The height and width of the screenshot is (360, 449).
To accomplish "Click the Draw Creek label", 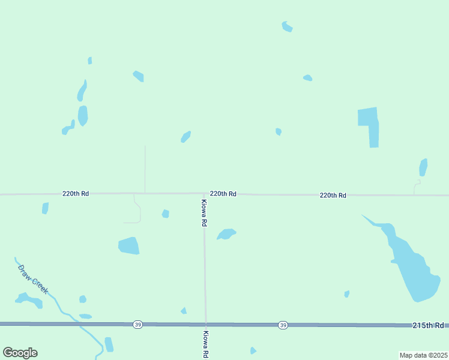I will coord(33,279).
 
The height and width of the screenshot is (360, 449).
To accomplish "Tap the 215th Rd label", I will coord(427,325).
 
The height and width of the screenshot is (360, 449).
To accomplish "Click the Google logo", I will coord(20,353).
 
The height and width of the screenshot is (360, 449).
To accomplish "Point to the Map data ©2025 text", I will coord(423,355).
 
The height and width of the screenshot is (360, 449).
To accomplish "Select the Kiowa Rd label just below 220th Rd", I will coord(205,212).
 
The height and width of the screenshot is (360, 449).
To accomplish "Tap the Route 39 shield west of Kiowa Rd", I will coord(138,325).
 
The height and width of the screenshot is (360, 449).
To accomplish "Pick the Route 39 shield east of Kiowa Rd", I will coord(283,325).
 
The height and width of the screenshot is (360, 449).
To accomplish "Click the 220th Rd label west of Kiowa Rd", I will coord(76,194).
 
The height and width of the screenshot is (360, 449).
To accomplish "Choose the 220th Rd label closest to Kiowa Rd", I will coord(223,194).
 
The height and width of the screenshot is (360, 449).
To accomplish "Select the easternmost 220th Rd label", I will coord(333,195).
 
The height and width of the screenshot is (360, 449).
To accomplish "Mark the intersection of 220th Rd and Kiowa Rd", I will coord(204,194).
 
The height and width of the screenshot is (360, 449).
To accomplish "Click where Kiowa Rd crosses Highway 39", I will coord(206,325).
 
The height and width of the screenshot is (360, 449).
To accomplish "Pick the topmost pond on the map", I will coord(287,26).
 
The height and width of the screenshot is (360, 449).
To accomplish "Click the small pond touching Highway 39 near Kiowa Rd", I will coord(184,311).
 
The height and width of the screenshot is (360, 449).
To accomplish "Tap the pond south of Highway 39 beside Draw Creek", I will coord(109,344).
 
